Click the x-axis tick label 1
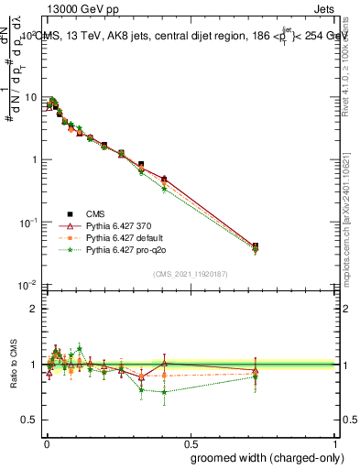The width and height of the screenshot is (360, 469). tap(335, 445)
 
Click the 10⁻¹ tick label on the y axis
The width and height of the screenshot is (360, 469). tap(28, 223)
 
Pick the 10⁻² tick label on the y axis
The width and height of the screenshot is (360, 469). tap(28, 285)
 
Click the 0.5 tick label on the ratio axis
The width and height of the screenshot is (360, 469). tap(32, 420)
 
